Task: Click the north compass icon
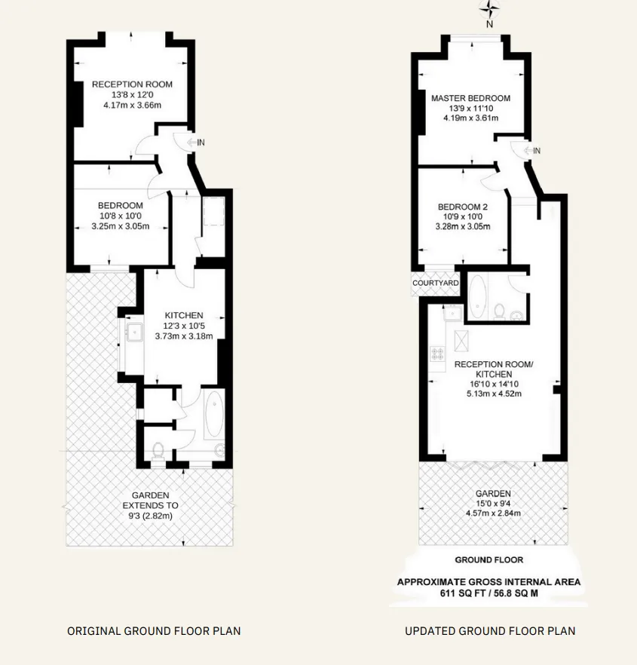pyautogui.click(x=489, y=8)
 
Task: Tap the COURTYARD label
pyautogui.click(x=436, y=283)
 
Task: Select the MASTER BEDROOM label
pyautogui.click(x=470, y=98)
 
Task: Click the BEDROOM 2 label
pyautogui.click(x=463, y=207)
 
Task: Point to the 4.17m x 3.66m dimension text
pyautogui.click(x=133, y=106)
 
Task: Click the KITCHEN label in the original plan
pyautogui.click(x=184, y=315)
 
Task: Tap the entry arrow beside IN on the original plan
pyautogui.click(x=191, y=142)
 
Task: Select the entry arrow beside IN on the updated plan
pyautogui.click(x=528, y=151)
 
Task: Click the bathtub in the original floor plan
pyautogui.click(x=215, y=415)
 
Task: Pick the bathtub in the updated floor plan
pyautogui.click(x=478, y=297)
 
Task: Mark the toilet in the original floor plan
pyautogui.click(x=158, y=451)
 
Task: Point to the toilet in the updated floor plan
pyautogui.click(x=500, y=311)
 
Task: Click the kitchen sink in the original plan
pyautogui.click(x=135, y=332)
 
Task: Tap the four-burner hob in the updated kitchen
pyautogui.click(x=437, y=354)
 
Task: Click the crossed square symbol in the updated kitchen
pyautogui.click(x=461, y=341)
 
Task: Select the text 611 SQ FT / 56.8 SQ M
pyautogui.click(x=489, y=593)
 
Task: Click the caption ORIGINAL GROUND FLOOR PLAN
pyautogui.click(x=154, y=631)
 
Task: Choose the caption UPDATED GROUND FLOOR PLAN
pyautogui.click(x=490, y=631)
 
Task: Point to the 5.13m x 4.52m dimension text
pyautogui.click(x=494, y=394)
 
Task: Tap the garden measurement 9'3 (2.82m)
pyautogui.click(x=151, y=516)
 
